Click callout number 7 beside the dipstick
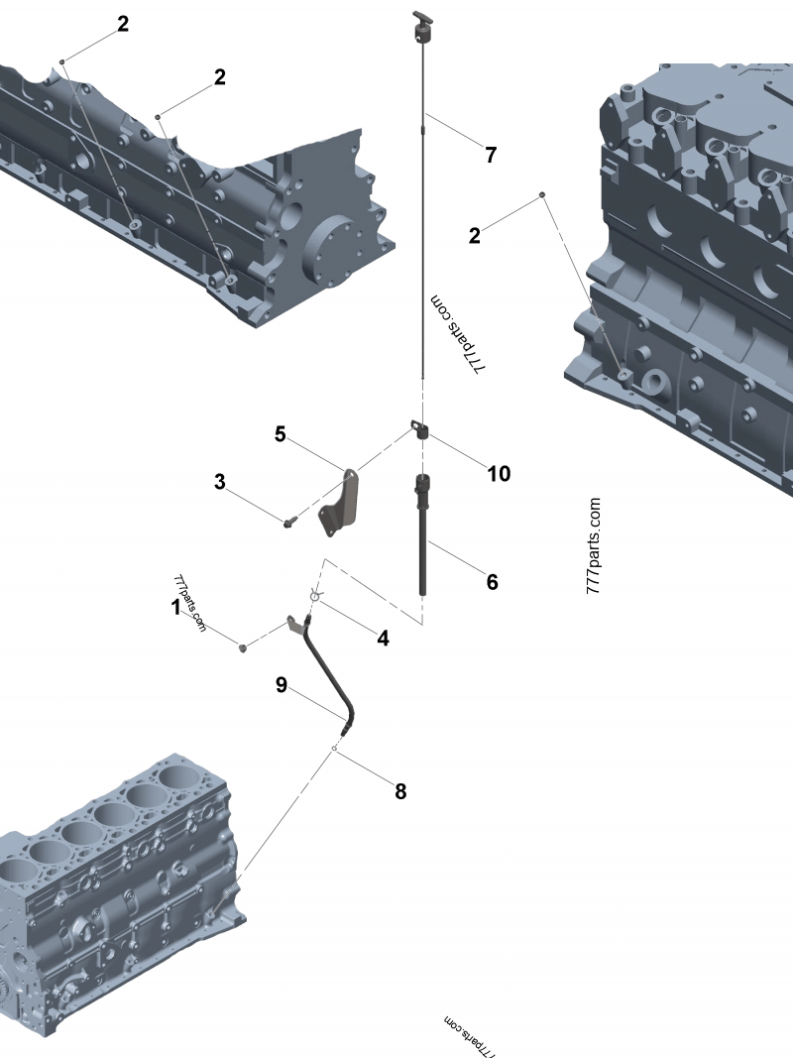pos(490,155)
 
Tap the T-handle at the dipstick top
pos(421,23)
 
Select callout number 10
pos(498,473)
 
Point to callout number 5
pos(281,433)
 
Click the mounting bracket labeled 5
pos(340,505)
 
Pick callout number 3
pos(220,482)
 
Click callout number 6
pos(492,582)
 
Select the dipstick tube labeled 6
pos(424,535)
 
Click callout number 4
pos(382,639)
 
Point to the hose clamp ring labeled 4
pos(314,596)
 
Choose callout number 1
pos(176,606)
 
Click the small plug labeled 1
pos(242,647)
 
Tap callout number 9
pos(282,684)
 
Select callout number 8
pos(400,791)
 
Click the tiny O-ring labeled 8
pos(336,750)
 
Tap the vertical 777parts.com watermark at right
pos(594,544)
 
